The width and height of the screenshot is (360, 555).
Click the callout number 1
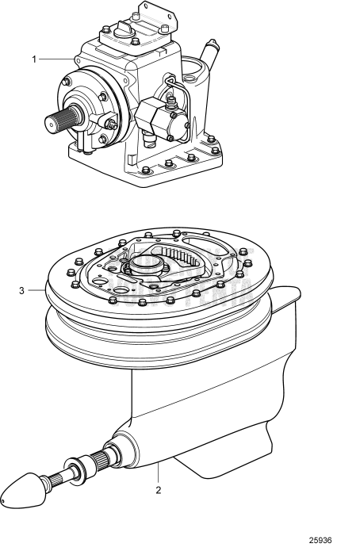coord(34,59)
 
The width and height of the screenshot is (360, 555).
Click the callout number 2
coord(158,491)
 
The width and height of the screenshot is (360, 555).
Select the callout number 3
coord(21,291)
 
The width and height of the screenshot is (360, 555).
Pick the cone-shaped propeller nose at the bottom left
coord(21,492)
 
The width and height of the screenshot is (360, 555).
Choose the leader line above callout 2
coord(158,471)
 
